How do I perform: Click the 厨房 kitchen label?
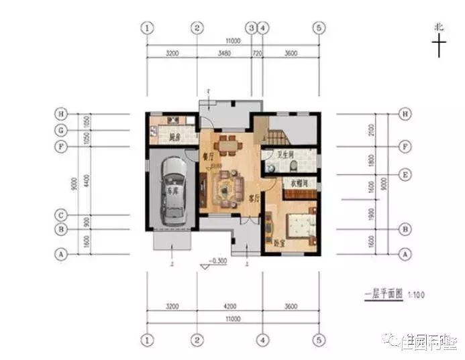click(176, 139)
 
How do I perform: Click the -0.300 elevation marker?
click(217, 259)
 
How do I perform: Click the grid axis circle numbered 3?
click(251, 27)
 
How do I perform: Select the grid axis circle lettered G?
click(61, 130)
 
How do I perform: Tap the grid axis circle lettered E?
click(405, 174)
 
